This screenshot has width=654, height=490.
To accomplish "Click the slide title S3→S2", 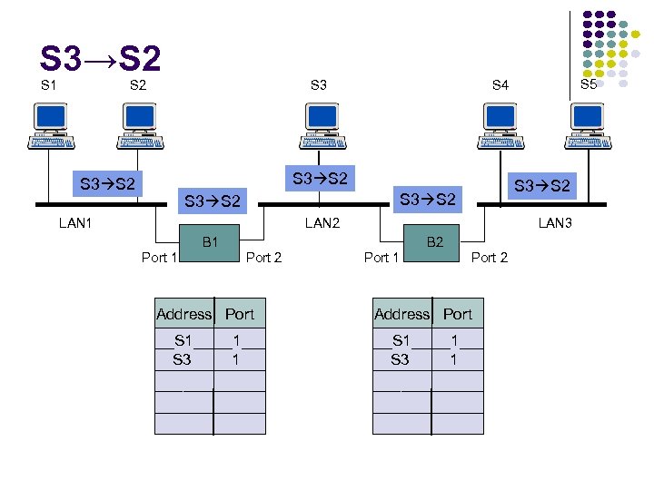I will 101,60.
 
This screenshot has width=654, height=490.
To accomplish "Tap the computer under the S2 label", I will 140,125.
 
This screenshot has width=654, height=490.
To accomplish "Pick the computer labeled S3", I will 319,125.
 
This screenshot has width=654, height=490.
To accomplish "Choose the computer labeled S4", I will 500,125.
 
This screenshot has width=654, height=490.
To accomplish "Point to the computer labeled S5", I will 587,125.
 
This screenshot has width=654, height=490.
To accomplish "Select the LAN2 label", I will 322,221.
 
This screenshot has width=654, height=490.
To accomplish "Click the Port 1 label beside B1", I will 160,258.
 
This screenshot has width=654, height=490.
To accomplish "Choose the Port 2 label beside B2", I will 490,258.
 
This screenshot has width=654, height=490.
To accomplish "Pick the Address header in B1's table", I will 183,314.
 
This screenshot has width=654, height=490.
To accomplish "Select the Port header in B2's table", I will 458,314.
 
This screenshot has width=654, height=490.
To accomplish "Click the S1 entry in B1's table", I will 183,340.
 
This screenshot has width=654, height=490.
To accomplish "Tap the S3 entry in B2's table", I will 401,359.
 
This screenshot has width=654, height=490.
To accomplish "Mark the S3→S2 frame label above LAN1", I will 107,184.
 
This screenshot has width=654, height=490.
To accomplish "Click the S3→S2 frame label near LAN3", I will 541,186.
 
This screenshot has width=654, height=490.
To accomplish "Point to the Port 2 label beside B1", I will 264,258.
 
